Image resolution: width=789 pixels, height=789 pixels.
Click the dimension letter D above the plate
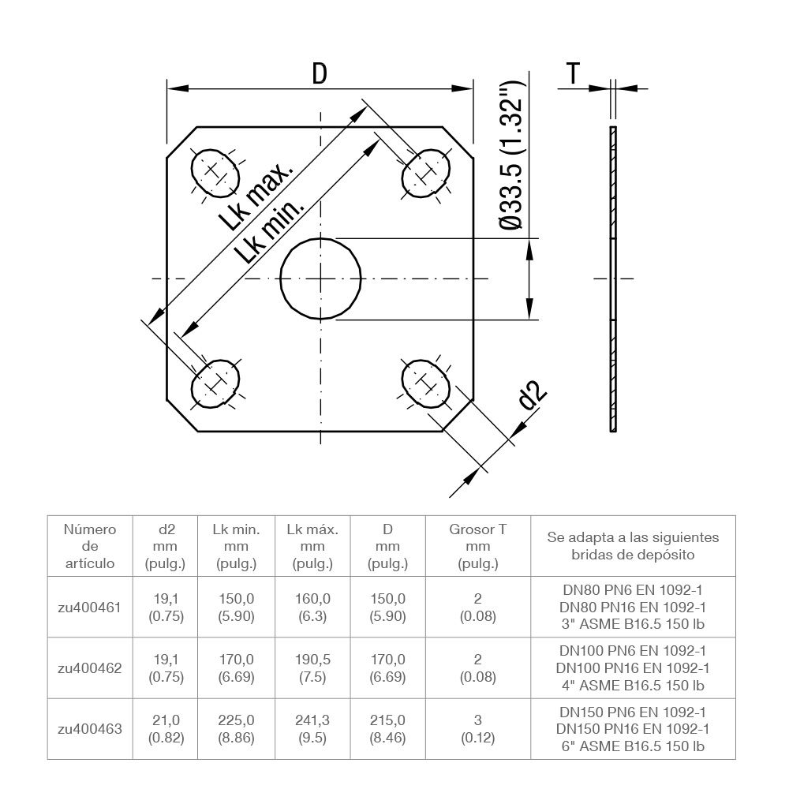pyautogui.click(x=319, y=73)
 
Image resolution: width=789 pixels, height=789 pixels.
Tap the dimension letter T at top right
pyautogui.click(x=574, y=73)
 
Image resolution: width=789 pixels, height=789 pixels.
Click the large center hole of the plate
pyautogui.click(x=321, y=278)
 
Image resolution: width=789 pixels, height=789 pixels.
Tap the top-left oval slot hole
pyautogui.click(x=215, y=172)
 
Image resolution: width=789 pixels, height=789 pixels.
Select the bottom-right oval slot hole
pyautogui.click(x=426, y=384)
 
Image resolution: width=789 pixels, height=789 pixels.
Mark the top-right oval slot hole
pyautogui.click(x=426, y=172)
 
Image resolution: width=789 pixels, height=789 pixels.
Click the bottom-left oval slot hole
pyautogui.click(x=215, y=384)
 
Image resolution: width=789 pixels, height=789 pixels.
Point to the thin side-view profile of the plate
pyautogui.click(x=613, y=278)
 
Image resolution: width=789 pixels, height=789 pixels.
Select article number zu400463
pyautogui.click(x=89, y=728)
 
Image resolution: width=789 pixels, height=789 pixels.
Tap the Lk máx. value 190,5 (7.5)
pyautogui.click(x=312, y=667)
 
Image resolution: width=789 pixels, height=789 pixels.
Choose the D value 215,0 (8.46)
pyautogui.click(x=387, y=728)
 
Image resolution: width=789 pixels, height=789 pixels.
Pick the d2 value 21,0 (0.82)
pyautogui.click(x=166, y=728)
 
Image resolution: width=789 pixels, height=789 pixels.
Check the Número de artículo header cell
pyautogui.click(x=89, y=546)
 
